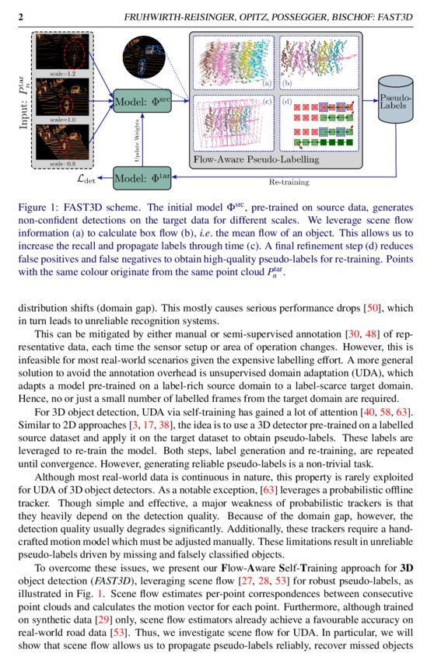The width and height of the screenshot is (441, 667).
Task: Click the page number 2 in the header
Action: [x=20, y=16]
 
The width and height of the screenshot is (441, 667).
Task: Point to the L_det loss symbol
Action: [x=88, y=178]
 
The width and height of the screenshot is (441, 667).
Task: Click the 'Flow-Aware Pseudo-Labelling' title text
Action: [x=256, y=160]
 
